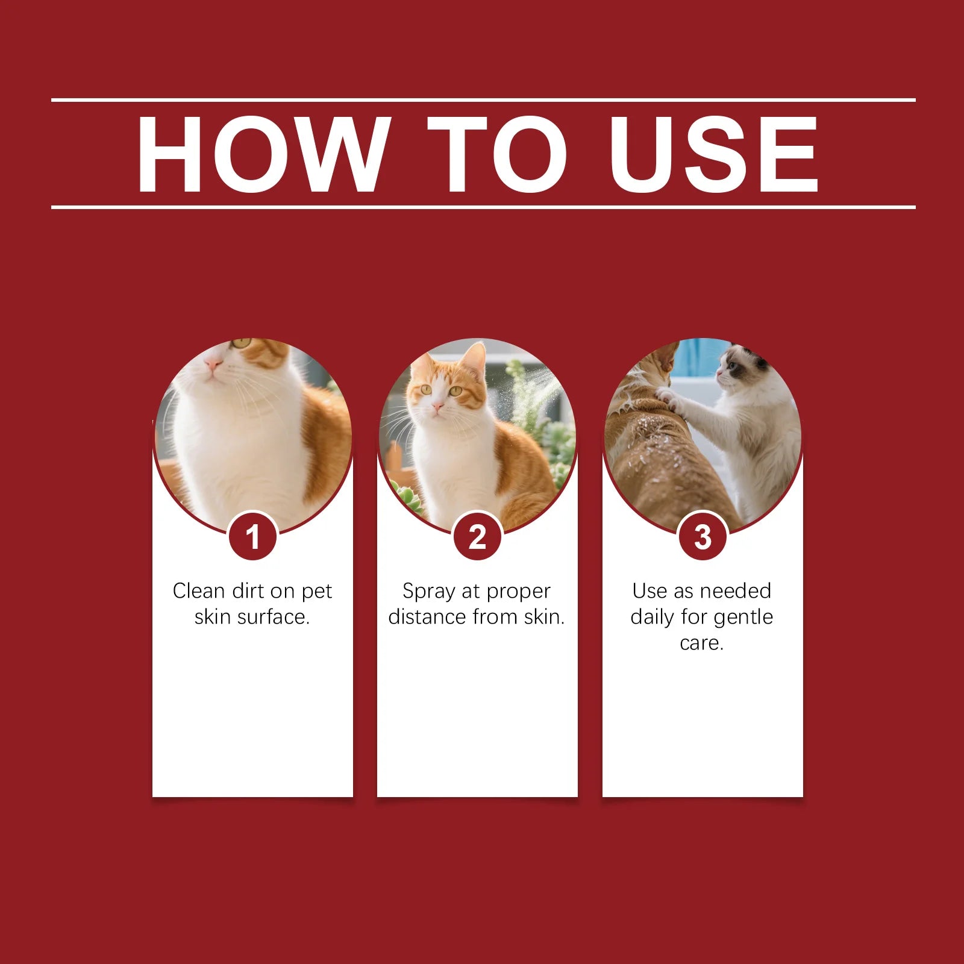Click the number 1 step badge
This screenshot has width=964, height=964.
pyautogui.click(x=253, y=536)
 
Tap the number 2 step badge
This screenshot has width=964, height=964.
pyautogui.click(x=478, y=536)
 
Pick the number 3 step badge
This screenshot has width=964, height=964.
pyautogui.click(x=703, y=536)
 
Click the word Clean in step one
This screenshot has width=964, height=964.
pyautogui.click(x=199, y=591)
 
